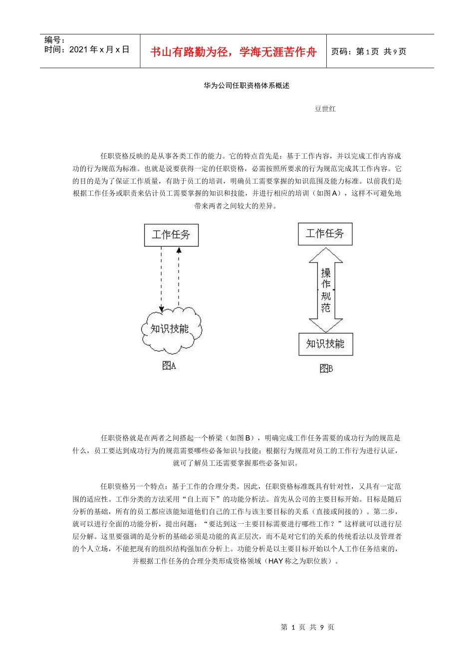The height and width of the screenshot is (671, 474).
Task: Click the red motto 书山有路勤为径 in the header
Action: (x=233, y=52)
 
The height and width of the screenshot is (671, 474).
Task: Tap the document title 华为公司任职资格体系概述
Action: (x=246, y=85)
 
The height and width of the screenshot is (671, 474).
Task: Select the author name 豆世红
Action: (x=325, y=109)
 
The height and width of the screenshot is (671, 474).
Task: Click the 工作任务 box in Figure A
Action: (x=171, y=235)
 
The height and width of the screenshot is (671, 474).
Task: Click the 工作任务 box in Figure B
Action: (x=325, y=234)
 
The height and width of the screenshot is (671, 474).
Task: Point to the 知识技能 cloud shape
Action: (x=171, y=329)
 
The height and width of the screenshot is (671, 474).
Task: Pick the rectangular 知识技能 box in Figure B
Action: (x=325, y=344)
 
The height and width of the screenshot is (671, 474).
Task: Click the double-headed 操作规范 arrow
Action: (x=326, y=290)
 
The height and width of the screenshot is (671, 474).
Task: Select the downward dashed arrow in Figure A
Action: (x=161, y=280)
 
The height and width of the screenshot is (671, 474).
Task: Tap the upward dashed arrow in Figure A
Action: (x=179, y=278)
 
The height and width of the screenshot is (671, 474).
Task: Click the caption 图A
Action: (x=169, y=366)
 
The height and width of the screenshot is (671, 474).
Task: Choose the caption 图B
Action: (x=326, y=368)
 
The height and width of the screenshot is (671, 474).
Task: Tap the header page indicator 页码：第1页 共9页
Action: (x=369, y=51)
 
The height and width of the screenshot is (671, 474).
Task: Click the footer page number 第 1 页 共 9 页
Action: (x=307, y=628)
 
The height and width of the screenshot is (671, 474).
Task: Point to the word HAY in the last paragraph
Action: (x=275, y=561)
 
